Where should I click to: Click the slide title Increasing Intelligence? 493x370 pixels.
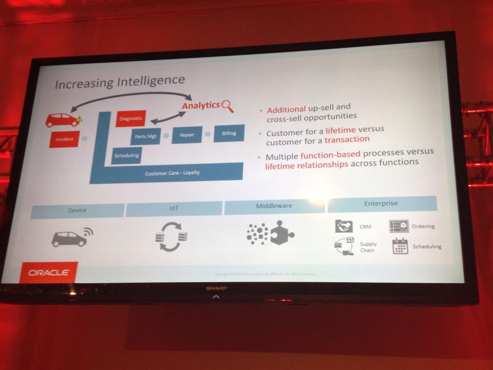(119, 81)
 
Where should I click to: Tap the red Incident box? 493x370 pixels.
(64, 139)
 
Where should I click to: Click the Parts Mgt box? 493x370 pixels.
(145, 136)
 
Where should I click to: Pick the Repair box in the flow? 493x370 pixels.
(186, 134)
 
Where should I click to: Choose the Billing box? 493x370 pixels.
(229, 133)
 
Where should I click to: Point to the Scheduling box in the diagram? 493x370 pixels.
(126, 155)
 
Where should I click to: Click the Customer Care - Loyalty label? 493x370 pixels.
(172, 173)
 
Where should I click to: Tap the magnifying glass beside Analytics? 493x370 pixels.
(227, 106)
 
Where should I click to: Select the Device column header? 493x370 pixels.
(78, 210)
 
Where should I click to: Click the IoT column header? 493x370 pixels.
(174, 208)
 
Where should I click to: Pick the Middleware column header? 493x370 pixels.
(274, 206)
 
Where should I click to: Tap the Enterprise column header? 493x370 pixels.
(382, 203)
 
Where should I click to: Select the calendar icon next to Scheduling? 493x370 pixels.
(400, 247)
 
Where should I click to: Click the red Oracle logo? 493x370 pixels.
(49, 272)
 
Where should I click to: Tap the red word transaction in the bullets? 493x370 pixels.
(347, 139)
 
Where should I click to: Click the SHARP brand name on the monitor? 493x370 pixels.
(216, 289)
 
